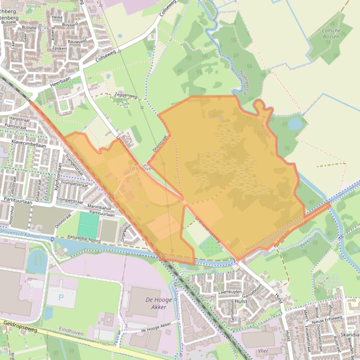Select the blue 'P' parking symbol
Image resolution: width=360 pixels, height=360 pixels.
click(61, 297)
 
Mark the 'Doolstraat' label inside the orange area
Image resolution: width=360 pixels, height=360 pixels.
click(160, 143)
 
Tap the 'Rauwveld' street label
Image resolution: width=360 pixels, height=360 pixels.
click(77, 42)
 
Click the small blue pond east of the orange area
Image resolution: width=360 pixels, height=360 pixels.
click(295, 124)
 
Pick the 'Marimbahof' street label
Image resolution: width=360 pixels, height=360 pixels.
click(98, 208)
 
